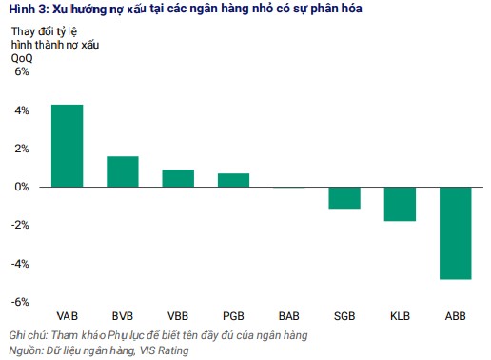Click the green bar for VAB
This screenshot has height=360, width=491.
pos(67,146)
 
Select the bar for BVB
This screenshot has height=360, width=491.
pos(123,171)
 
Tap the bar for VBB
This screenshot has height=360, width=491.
pos(178,178)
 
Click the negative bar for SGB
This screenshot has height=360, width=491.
pos(344,197)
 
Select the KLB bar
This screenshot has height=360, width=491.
pos(401,204)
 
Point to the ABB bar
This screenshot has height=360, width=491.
pos(456,232)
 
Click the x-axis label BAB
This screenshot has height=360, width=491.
pos(289,315)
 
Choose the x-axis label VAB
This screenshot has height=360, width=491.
pos(67,315)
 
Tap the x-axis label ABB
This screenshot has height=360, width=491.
pos(456,315)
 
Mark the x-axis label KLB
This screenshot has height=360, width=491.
pos(401,315)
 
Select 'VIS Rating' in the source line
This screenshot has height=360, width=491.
pos(163,350)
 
